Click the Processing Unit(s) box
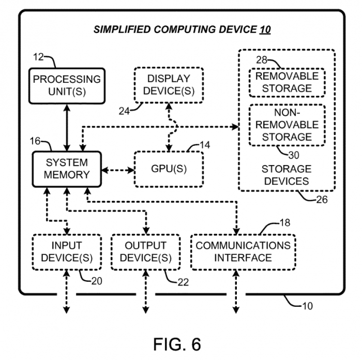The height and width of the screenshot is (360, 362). [x=67, y=85]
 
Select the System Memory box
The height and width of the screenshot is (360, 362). [x=66, y=168]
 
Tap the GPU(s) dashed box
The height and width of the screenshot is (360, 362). [x=169, y=169]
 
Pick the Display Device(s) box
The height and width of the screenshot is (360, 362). [x=169, y=85]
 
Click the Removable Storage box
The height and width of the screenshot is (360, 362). [x=286, y=82]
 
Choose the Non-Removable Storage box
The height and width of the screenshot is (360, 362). [x=286, y=124]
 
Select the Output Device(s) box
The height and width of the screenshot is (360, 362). [x=146, y=251]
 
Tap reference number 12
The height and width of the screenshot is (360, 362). [x=39, y=57]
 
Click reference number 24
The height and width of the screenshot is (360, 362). [x=125, y=110]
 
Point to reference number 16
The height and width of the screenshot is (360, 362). [x=36, y=141]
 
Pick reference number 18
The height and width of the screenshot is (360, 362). [x=284, y=223]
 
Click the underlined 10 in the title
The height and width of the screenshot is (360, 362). [x=264, y=29]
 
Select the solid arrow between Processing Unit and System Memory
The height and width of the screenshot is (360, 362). [x=67, y=127]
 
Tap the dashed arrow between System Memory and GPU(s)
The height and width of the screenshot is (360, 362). [x=117, y=169]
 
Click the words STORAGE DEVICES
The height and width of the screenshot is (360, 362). [x=286, y=175]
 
